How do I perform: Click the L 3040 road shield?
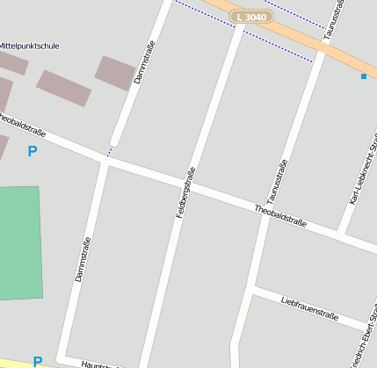(x=250, y=17)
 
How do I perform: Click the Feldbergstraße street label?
(x=185, y=191)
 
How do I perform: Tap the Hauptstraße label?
(x=97, y=364)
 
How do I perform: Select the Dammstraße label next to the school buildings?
(x=144, y=62)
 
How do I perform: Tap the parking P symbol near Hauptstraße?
(x=37, y=361)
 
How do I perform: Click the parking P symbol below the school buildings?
(x=33, y=151)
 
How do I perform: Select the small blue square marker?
(x=364, y=76)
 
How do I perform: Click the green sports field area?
(x=19, y=242)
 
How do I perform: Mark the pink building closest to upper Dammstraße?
(x=114, y=73)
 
